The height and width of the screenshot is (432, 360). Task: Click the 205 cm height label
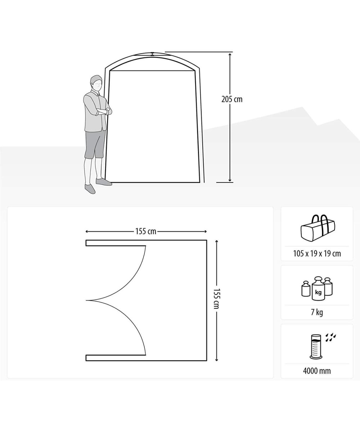232,99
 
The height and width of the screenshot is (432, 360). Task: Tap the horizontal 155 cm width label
146,231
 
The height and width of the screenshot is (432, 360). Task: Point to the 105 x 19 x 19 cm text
317,253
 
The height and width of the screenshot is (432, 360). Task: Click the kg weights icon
317,288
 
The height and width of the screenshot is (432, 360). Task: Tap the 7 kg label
317,312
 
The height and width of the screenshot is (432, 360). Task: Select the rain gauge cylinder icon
315,347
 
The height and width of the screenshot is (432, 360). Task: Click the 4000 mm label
317,371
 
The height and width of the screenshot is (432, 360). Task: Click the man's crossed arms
104,112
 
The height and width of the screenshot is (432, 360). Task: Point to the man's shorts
95,144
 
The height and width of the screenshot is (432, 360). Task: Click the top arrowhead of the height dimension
230,55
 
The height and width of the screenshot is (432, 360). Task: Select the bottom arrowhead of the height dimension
230,180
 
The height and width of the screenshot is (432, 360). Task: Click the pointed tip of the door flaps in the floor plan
86,300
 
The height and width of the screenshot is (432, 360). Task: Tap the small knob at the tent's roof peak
153,54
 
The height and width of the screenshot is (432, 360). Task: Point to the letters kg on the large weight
318,292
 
